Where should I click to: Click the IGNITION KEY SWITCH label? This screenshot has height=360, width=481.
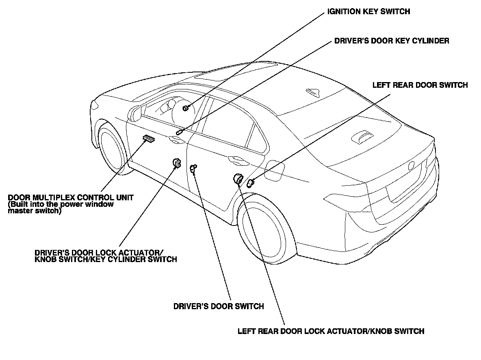point(368,12)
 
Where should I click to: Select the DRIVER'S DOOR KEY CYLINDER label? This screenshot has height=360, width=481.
point(392,41)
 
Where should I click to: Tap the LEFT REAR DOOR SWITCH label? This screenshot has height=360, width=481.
point(420,85)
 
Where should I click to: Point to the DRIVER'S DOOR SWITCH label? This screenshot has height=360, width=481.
point(219,306)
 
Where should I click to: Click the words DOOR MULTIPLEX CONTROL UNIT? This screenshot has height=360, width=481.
point(71,197)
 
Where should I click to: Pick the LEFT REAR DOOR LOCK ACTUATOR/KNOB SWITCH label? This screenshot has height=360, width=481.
point(331,331)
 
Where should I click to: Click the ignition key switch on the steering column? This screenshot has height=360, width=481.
point(185,108)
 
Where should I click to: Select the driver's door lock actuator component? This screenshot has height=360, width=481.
point(177,163)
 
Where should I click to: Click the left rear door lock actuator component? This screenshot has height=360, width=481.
point(237,178)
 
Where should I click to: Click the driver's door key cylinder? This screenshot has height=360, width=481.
point(179,132)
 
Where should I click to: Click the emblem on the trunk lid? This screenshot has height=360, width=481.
point(412,166)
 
